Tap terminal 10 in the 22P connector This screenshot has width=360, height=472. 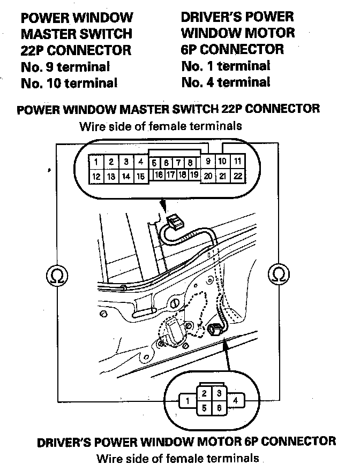[x=223, y=161]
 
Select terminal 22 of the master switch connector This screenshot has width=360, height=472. [x=238, y=176]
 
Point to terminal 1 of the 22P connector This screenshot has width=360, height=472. [x=95, y=162]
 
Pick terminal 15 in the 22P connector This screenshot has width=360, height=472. [x=140, y=176]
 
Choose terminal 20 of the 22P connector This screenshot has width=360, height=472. [x=208, y=176]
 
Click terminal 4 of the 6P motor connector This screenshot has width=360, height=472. [x=237, y=400]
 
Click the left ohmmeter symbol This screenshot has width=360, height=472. [x=54, y=274]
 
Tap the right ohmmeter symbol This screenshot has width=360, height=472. [x=279, y=274]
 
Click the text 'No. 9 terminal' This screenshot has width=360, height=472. [x=65, y=67]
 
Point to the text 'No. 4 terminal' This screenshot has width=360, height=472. [x=226, y=82]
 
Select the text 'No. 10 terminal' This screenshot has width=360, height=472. [x=69, y=83]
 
